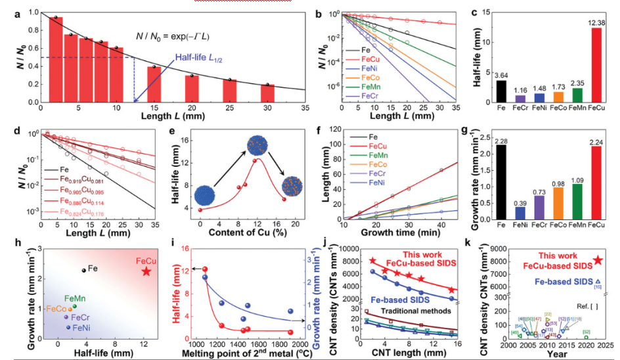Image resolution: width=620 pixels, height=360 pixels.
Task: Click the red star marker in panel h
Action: (x=146, y=271)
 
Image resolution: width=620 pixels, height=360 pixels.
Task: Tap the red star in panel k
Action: (x=598, y=260)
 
